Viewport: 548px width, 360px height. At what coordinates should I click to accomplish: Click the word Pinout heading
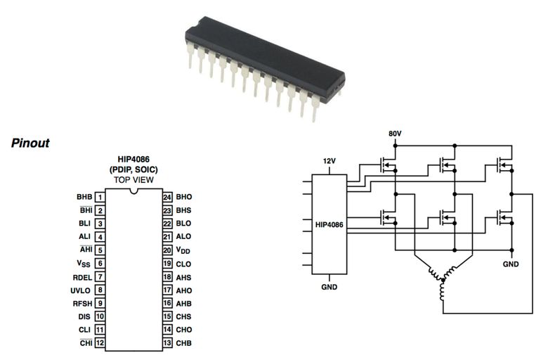coord(30,143)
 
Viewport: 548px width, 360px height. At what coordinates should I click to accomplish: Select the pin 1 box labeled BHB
coord(100,197)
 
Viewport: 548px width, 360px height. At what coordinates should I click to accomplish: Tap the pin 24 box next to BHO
coord(167,197)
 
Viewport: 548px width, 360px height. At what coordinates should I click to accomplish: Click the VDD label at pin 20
coord(182,250)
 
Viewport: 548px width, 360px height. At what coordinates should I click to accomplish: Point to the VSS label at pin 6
coord(84,264)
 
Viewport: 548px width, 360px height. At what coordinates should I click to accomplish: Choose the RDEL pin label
coord(82,276)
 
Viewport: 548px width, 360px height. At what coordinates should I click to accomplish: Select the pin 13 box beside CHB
coord(167,343)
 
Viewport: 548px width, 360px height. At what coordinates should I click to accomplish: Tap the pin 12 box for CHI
coord(100,343)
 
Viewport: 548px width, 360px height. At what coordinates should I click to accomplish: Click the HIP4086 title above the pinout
coord(133,160)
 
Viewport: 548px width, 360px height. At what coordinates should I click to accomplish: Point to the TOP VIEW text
coord(133,180)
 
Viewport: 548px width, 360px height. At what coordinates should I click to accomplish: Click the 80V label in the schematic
coord(396,134)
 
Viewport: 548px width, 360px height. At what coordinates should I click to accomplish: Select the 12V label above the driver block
coord(330,161)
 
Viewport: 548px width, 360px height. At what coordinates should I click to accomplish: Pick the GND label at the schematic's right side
coord(511,264)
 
